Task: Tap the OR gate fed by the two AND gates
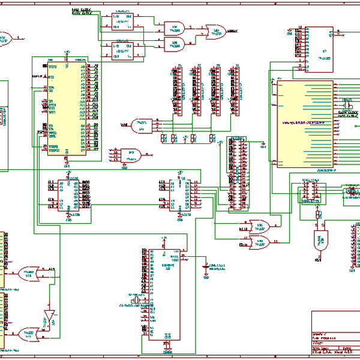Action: click(215, 30)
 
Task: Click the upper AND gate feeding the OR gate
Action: click(174, 27)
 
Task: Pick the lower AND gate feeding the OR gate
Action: click(174, 43)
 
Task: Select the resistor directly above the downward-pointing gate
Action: click(319, 215)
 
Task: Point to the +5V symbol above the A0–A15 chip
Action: click(67, 52)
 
